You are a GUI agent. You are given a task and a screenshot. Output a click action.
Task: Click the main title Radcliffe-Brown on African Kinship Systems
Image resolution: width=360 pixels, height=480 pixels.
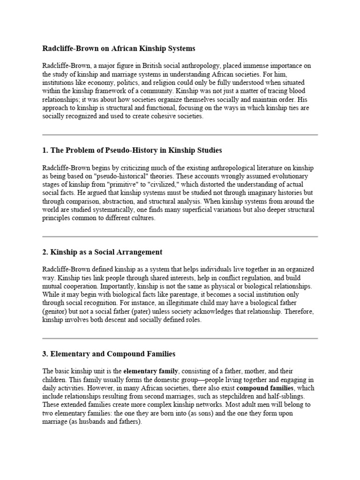[x=119, y=48]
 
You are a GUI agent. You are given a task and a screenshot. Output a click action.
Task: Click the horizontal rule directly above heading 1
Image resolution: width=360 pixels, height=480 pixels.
[x=180, y=135]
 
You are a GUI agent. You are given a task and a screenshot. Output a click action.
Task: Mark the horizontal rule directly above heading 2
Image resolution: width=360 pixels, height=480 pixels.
[x=180, y=237]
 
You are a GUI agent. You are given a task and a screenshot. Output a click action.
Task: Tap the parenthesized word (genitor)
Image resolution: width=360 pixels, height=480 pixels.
[x=55, y=312]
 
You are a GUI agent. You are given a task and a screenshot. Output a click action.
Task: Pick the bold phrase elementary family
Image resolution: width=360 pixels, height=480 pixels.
[x=150, y=371]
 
